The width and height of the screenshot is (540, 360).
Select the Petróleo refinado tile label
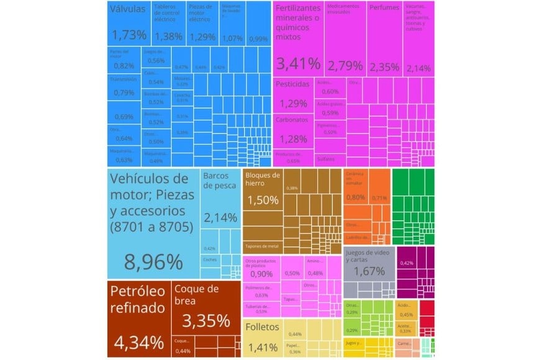[138, 299]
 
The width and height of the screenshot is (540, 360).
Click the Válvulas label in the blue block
[127, 9]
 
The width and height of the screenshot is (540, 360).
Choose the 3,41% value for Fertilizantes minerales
[298, 63]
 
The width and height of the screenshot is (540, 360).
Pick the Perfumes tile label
[384, 8]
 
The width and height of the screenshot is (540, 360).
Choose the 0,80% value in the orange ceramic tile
[356, 197]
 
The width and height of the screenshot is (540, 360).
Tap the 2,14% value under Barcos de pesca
[220, 218]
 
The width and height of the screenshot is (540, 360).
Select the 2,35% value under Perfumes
[384, 67]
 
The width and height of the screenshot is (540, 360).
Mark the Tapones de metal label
[262, 246]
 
